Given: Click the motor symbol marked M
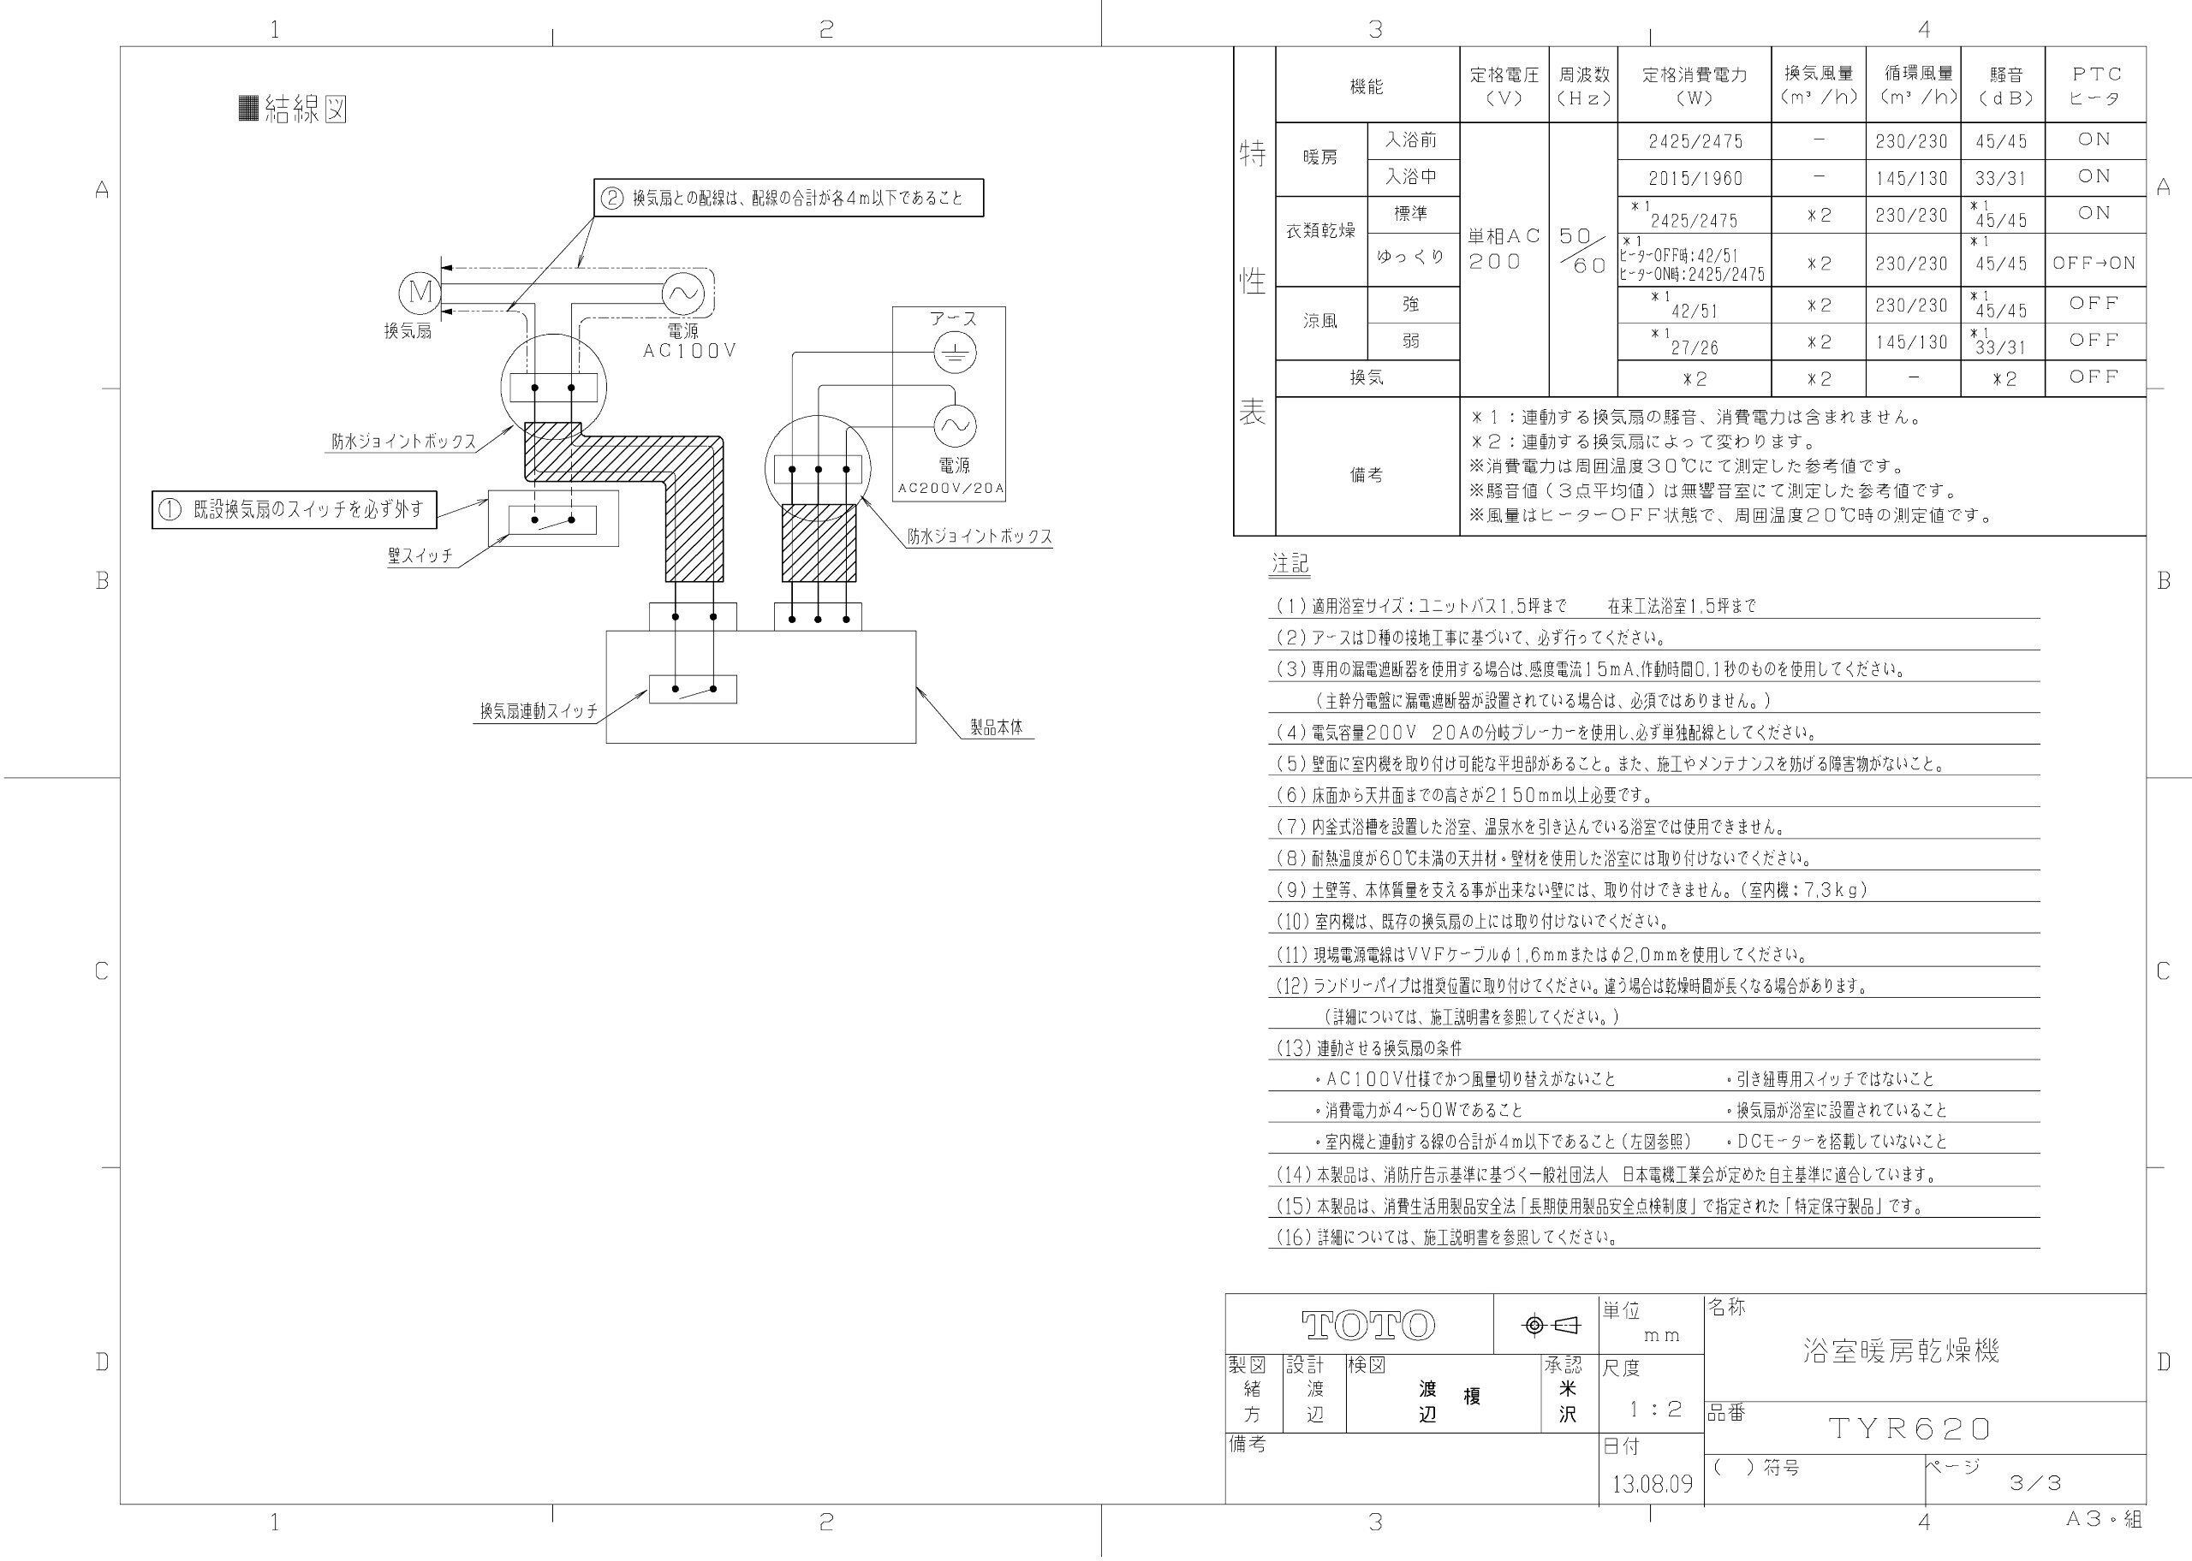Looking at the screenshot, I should pyautogui.click(x=420, y=291).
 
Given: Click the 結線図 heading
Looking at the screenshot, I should pyautogui.click(x=293, y=110).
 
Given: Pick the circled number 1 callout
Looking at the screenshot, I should pyautogui.click(x=170, y=509).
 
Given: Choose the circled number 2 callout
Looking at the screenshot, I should pyautogui.click(x=611, y=199).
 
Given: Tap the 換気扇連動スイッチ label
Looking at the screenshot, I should pyautogui.click(x=539, y=711).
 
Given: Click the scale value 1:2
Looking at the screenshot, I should pyautogui.click(x=1654, y=1410).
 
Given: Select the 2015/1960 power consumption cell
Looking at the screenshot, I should pyautogui.click(x=1694, y=179).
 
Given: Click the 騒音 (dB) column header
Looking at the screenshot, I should pyautogui.click(x=2005, y=85).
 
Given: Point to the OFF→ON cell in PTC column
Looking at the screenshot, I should pyautogui.click(x=2093, y=263).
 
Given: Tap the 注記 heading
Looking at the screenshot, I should pyautogui.click(x=1290, y=563).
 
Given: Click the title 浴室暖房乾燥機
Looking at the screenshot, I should pyautogui.click(x=1902, y=1350).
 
